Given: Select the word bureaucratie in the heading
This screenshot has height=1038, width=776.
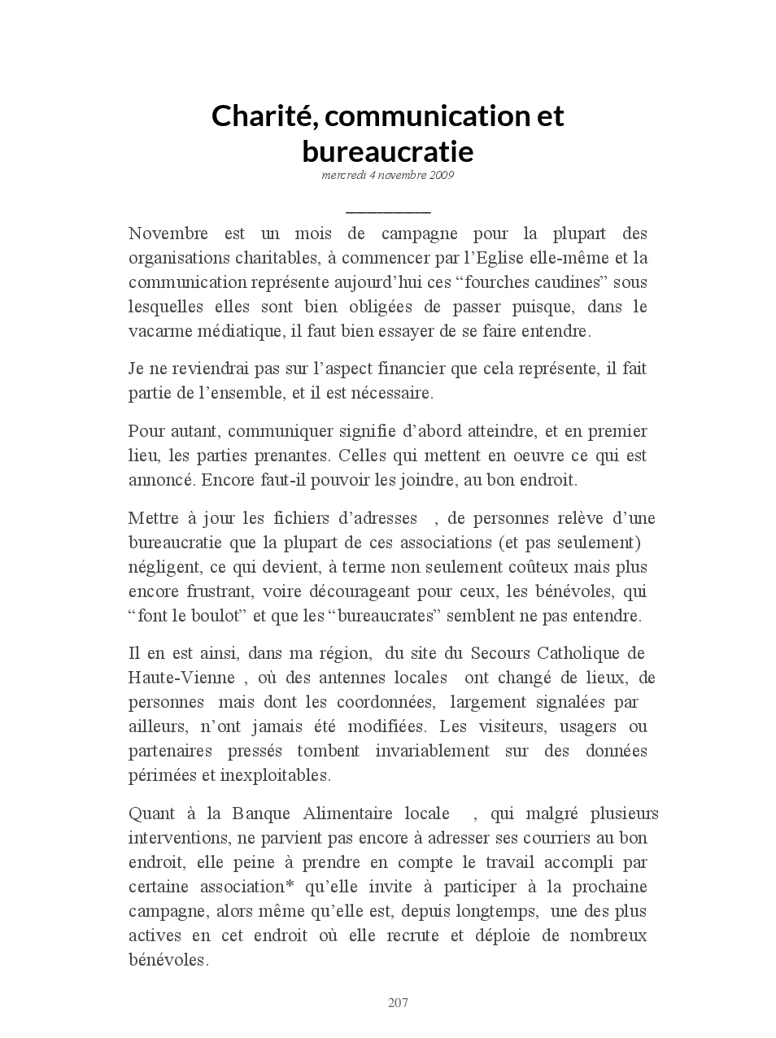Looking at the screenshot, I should [x=387, y=151].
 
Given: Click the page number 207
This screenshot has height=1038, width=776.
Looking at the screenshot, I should [x=398, y=1003].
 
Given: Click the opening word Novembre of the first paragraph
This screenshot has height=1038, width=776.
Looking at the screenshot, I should [x=168, y=234].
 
